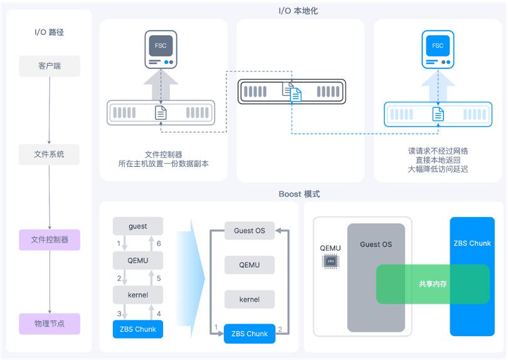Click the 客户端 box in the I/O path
[50, 66]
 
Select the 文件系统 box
[49, 154]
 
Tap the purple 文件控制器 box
[50, 240]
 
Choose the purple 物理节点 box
[50, 324]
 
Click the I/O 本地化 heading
[298, 11]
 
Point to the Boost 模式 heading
[299, 194]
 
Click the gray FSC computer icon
[161, 50]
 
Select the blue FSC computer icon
[438, 50]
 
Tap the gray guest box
[138, 226]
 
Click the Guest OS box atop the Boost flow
[249, 230]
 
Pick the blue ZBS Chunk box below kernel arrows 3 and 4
[138, 329]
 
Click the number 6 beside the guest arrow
[159, 243]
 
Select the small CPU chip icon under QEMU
[329, 262]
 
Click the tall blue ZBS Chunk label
[472, 243]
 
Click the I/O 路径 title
[49, 32]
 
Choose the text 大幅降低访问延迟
[438, 169]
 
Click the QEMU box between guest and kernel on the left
[138, 260]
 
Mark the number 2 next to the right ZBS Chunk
[280, 329]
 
